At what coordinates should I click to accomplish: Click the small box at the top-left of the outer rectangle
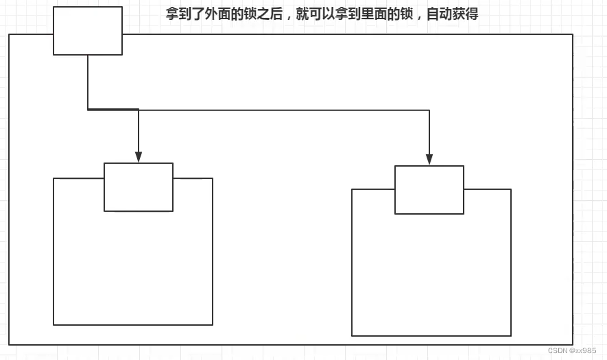pos(88,31)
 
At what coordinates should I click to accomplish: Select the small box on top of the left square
pos(139,187)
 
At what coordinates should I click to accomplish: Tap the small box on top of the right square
pos(429,190)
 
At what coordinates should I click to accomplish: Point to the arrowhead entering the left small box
pos(139,157)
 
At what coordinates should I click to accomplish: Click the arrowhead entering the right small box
pos(429,160)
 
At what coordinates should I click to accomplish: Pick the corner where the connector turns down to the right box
pos(429,110)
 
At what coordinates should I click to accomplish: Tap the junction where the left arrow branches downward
pos(139,110)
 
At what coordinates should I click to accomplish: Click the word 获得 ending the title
pos(466,14)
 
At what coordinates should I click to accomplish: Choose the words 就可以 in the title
pos(315,14)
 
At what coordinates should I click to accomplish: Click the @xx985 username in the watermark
pos(584,350)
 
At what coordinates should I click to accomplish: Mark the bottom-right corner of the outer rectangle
pos(573,344)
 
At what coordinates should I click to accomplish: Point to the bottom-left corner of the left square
pos(53,324)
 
